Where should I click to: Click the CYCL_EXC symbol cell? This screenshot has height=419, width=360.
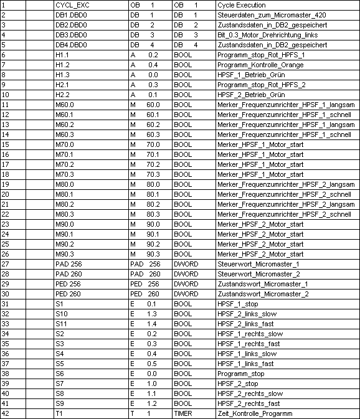(x=69, y=4)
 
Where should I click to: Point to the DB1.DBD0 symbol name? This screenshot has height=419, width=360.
(x=70, y=14)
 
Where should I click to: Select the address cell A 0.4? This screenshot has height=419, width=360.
(x=144, y=65)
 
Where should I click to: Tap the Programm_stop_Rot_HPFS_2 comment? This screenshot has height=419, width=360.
(x=261, y=85)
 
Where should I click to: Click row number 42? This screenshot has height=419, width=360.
(x=6, y=413)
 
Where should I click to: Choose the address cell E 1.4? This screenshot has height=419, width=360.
(x=144, y=324)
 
